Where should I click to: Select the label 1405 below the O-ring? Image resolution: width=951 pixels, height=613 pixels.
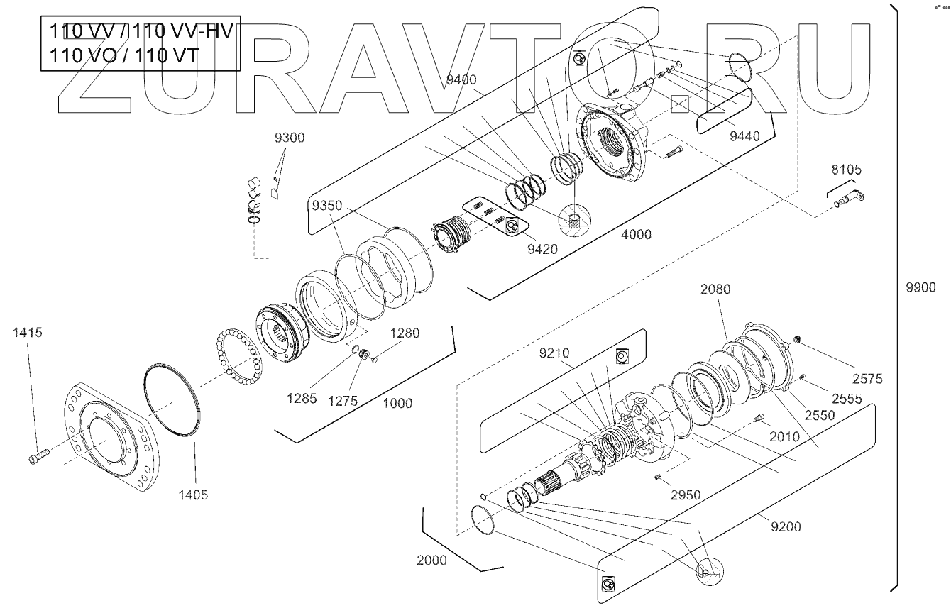coord(194,495)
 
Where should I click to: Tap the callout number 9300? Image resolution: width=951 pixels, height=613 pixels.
coord(290,138)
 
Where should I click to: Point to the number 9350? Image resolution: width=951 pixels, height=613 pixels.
coord(326,206)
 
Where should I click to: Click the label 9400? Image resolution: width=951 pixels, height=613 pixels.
coord(461,79)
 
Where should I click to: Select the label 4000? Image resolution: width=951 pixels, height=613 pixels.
coord(636,235)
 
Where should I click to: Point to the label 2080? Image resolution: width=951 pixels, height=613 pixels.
coord(715,289)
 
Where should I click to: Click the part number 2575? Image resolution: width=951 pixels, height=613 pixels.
coord(868,379)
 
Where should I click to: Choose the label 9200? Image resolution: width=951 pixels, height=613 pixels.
coord(786,526)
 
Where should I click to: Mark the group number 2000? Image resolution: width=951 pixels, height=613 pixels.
coord(431,560)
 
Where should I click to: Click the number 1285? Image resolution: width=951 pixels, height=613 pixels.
coord(303,399)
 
